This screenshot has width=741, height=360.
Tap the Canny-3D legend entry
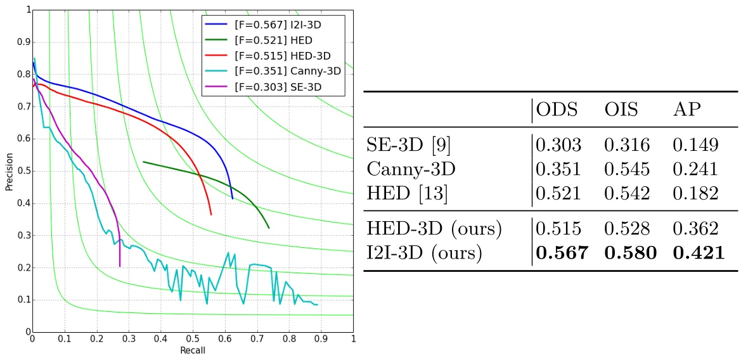click(x=274, y=70)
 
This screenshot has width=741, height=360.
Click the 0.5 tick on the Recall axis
click(x=192, y=339)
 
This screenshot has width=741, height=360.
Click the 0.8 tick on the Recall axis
click(x=288, y=339)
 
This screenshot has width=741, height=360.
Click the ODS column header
click(x=558, y=109)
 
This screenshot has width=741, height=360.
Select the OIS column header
click(x=621, y=109)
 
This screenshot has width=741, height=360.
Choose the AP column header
click(x=687, y=109)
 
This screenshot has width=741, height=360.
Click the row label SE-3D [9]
click(x=408, y=145)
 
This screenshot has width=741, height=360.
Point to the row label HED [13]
click(x=407, y=193)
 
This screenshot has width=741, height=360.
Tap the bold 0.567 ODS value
click(x=562, y=253)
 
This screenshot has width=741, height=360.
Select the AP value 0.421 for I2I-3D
click(x=698, y=253)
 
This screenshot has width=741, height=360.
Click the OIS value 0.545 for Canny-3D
click(x=626, y=169)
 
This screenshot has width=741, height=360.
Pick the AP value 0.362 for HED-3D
click(x=695, y=229)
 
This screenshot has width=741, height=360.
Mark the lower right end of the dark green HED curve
click(x=269, y=228)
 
